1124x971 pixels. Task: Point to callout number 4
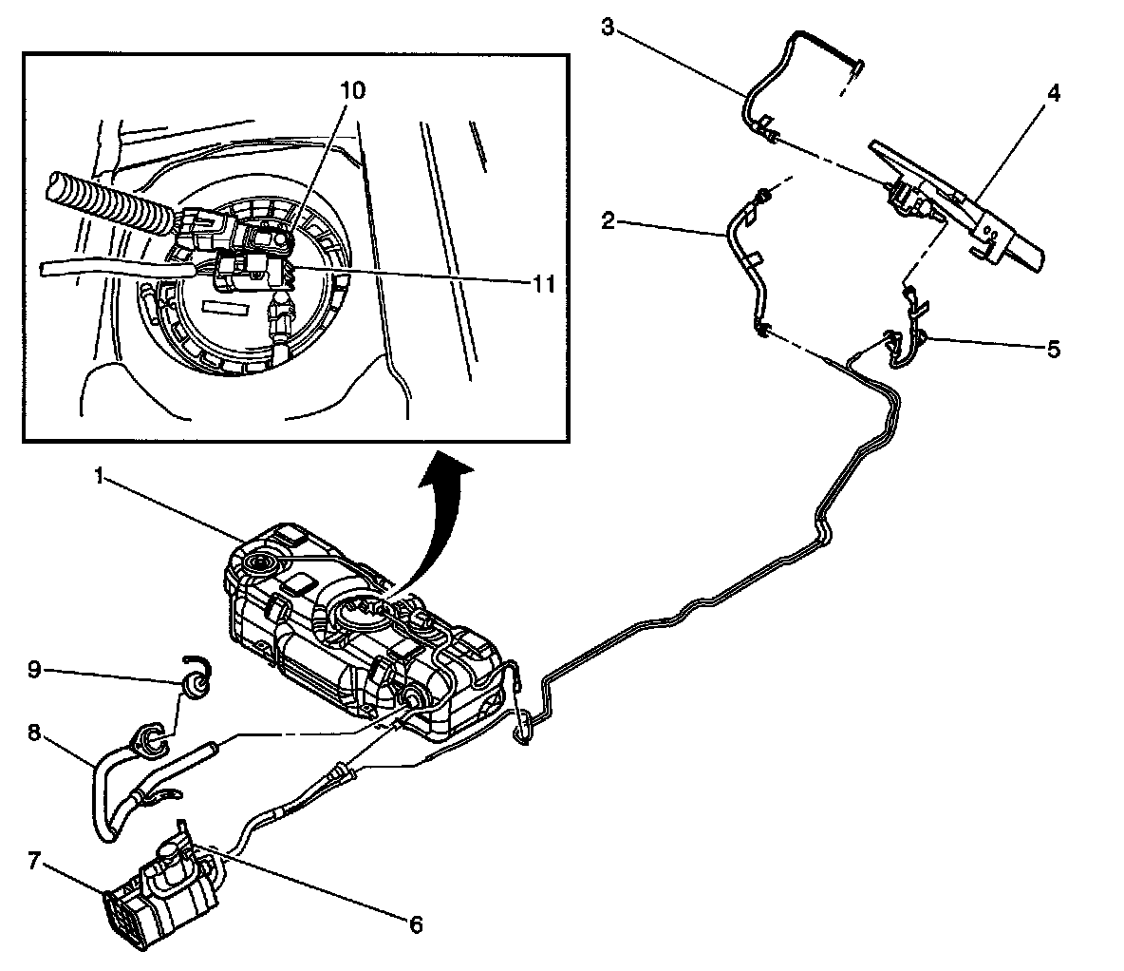pos(1054,94)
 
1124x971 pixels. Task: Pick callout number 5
pos(1054,350)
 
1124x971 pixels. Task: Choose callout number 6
pos(415,923)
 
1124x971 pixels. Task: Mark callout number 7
pos(34,862)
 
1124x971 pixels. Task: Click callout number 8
pos(34,732)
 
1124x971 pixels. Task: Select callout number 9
pos(34,670)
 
